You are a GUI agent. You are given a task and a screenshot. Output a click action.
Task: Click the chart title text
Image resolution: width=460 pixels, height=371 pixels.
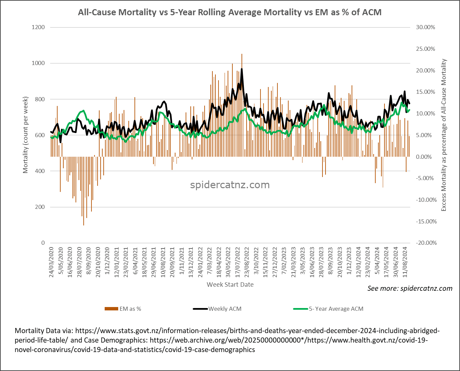(x=230, y=13)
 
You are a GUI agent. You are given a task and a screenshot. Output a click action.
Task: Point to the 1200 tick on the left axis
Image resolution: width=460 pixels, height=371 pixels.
(x=38, y=27)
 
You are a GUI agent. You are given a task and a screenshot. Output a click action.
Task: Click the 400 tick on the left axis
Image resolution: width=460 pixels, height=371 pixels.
(x=40, y=171)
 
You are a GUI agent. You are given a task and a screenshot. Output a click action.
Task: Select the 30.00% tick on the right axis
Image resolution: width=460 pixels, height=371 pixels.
(x=425, y=27)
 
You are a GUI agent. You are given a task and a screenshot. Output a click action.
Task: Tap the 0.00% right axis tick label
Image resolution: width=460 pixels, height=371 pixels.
(x=424, y=157)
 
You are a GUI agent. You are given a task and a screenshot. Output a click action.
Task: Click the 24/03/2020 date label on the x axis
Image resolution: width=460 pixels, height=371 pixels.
(x=51, y=262)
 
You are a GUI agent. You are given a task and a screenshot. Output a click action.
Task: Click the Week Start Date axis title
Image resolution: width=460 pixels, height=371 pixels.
(x=230, y=285)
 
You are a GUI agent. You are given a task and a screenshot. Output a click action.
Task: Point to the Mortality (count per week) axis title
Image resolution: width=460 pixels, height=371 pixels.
(x=26, y=135)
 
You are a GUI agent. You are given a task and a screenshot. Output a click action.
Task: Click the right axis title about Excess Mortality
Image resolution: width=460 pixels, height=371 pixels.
(x=444, y=135)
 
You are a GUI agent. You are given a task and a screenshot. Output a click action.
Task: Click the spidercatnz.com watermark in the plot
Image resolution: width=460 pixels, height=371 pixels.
(x=230, y=185)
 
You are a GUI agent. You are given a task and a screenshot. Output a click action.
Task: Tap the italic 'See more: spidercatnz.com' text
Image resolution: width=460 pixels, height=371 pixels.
(x=410, y=288)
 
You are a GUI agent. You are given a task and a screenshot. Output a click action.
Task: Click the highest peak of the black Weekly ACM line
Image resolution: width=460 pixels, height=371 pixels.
(x=242, y=69)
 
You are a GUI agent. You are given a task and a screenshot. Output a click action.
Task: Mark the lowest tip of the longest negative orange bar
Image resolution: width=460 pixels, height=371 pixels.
(x=84, y=225)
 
